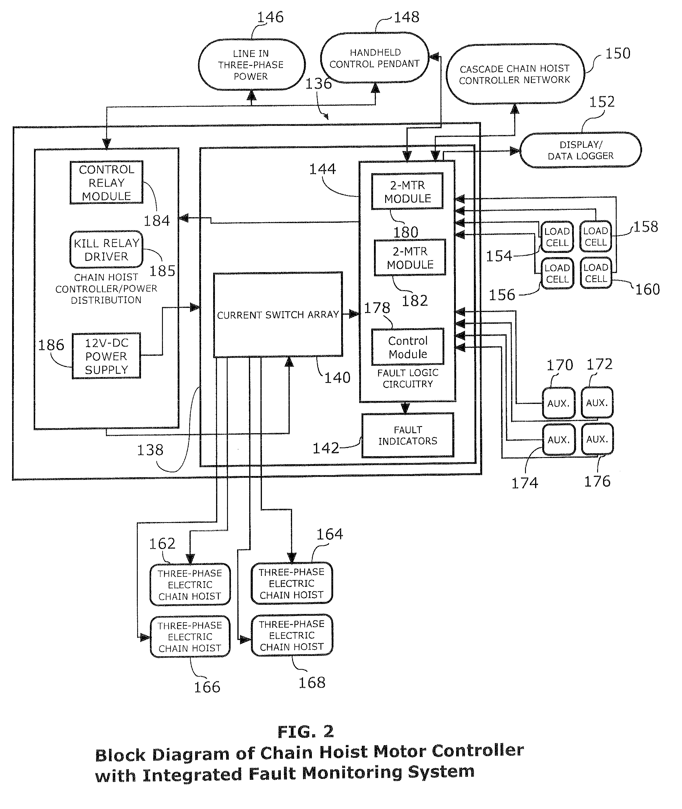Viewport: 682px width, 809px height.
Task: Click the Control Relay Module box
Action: click(106, 182)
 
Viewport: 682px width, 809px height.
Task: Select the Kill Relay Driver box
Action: click(106, 250)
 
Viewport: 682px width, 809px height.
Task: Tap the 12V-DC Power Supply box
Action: click(106, 356)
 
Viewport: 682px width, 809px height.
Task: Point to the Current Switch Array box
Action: click(278, 315)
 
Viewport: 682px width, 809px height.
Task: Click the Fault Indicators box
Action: click(407, 436)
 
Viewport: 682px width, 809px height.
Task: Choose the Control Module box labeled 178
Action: click(407, 347)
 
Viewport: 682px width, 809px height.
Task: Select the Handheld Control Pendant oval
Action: click(375, 58)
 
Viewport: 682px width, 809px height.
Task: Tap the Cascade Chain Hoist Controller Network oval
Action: click(515, 74)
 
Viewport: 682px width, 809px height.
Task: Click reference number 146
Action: click(270, 17)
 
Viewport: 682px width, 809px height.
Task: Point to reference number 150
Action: click(618, 53)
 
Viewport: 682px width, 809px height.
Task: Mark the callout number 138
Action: click(150, 450)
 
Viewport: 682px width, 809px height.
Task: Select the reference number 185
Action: click(162, 271)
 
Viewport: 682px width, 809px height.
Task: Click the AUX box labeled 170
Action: click(558, 403)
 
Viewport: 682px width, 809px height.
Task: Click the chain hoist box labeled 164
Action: click(291, 583)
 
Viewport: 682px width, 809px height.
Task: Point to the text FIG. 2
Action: click(305, 731)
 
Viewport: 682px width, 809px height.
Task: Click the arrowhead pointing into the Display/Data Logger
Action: click(515, 151)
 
